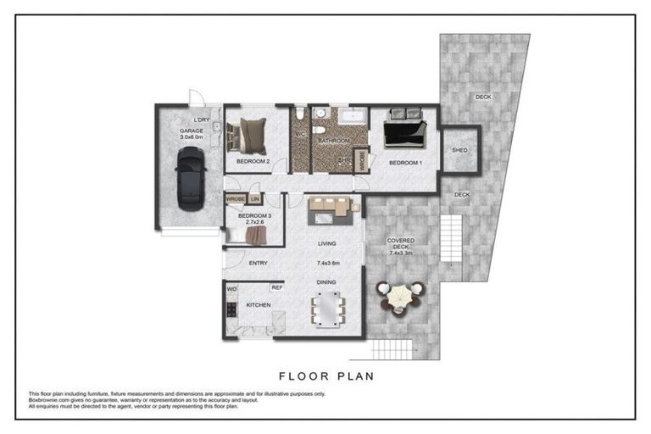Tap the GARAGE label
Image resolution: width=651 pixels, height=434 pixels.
[192, 131]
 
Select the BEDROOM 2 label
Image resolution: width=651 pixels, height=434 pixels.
[253, 161]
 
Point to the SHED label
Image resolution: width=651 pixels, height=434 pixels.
[459, 150]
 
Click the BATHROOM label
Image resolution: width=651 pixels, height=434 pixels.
[335, 140]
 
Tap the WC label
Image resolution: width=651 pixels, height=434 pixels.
[298, 132]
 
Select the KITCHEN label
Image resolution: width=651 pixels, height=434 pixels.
[258, 304]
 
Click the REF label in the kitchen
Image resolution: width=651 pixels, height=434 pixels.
[276, 288]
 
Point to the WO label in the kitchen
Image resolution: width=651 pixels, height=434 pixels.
[231, 289]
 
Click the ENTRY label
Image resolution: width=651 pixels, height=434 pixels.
[258, 263]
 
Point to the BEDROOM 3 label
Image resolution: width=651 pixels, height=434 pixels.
[254, 216]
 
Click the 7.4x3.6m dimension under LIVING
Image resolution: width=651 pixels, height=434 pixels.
[327, 263]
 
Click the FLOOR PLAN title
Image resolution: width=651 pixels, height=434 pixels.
[325, 375]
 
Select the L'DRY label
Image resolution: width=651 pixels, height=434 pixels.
[202, 120]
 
